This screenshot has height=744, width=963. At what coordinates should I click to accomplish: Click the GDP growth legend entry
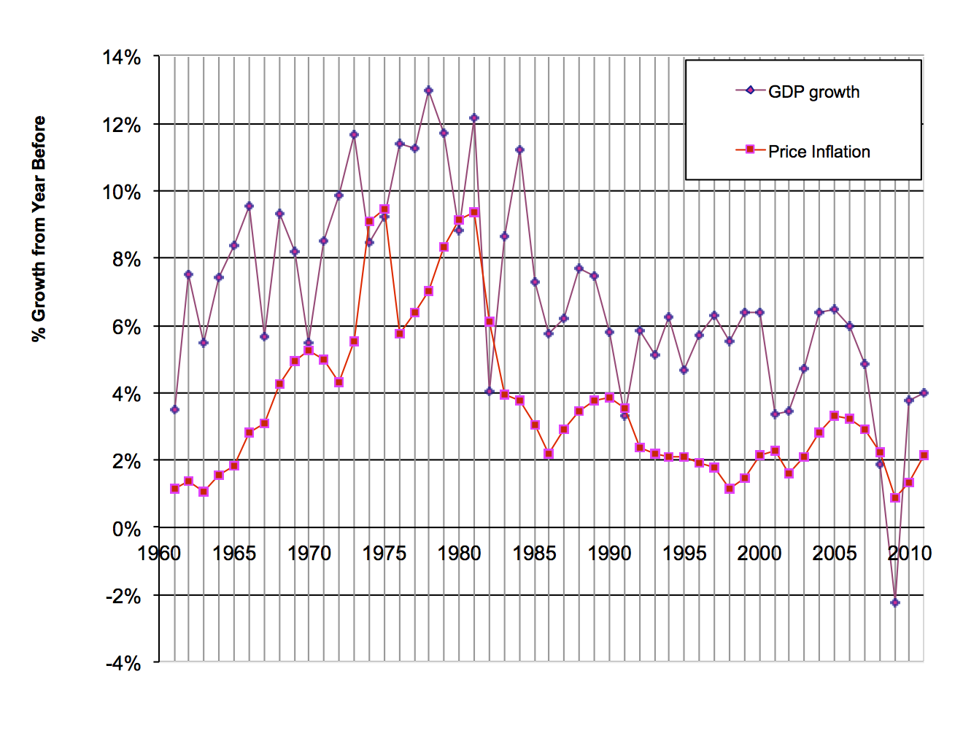click(813, 92)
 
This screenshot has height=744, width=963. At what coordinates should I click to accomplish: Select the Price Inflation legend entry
click(819, 152)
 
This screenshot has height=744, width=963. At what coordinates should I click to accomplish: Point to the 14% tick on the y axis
click(122, 58)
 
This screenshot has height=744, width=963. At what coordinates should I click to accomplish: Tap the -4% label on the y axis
click(123, 663)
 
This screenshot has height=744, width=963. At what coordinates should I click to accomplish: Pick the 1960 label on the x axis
click(159, 554)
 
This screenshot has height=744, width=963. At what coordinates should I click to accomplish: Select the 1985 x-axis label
click(534, 554)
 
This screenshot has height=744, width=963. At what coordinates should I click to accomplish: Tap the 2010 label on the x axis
click(909, 554)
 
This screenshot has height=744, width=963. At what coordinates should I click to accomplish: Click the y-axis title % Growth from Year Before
click(39, 229)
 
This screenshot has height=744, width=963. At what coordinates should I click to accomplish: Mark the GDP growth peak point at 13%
click(429, 90)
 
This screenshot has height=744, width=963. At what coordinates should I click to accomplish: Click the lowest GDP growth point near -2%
click(895, 602)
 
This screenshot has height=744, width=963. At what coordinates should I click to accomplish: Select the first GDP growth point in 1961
click(174, 409)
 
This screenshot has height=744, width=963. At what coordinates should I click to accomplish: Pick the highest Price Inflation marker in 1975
click(384, 209)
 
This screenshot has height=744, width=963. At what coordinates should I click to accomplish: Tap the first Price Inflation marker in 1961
click(174, 489)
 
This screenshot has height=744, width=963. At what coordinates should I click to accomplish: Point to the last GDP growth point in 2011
click(924, 392)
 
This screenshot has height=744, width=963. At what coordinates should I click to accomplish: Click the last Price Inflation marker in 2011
click(924, 455)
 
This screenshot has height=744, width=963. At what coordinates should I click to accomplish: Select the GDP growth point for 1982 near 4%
click(490, 392)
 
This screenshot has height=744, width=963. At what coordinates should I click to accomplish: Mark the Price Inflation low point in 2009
click(895, 497)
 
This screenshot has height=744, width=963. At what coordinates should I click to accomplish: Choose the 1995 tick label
click(684, 554)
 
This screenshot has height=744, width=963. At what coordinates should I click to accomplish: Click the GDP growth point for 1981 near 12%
click(474, 117)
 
